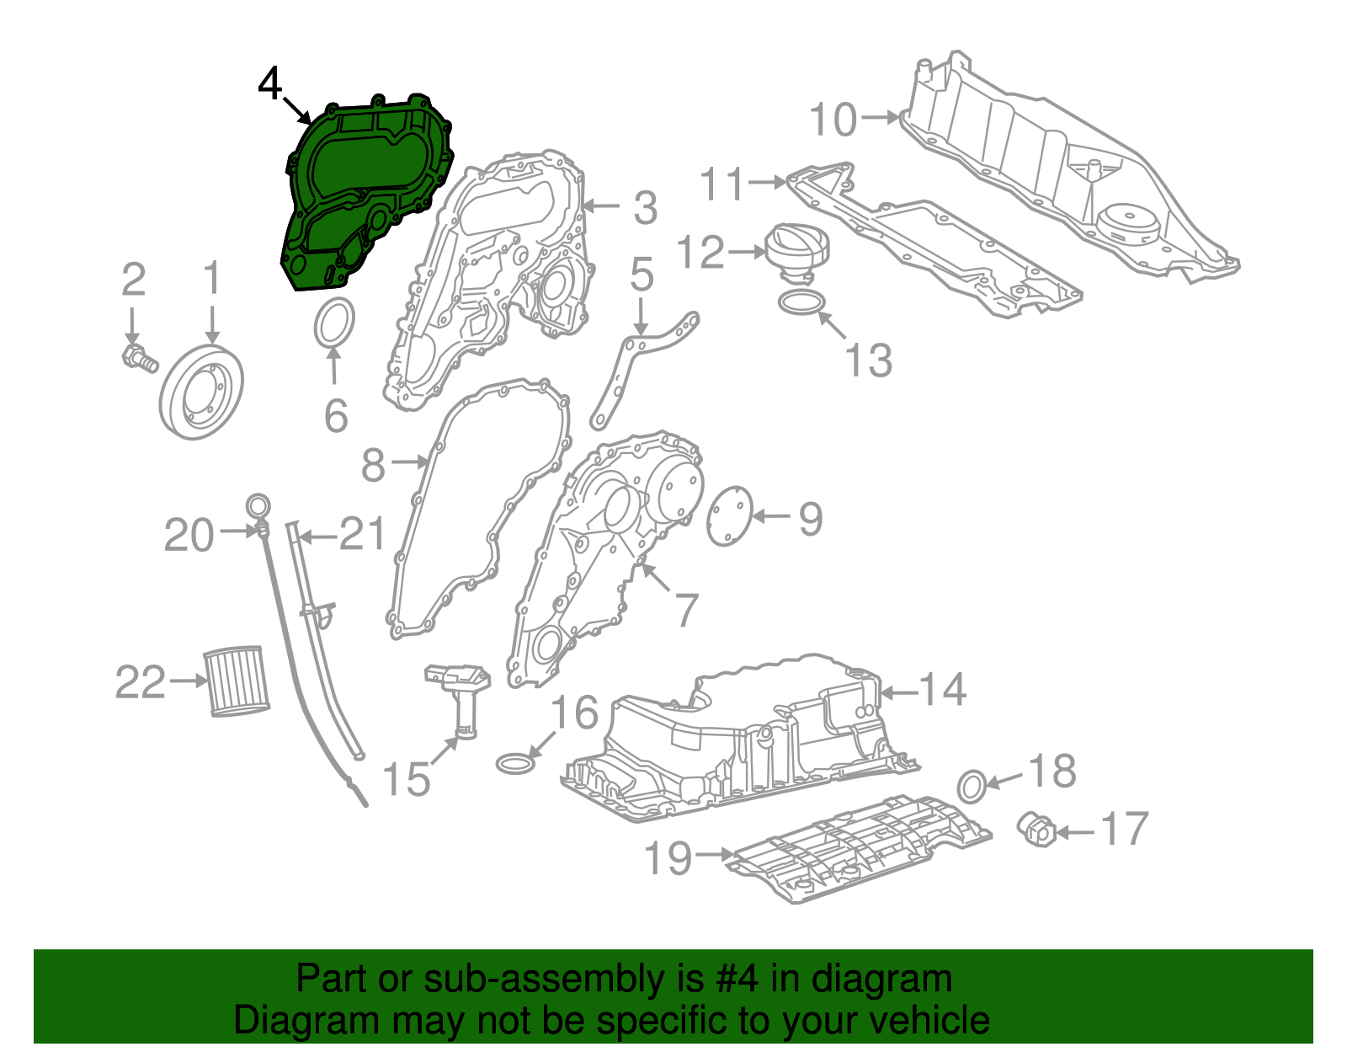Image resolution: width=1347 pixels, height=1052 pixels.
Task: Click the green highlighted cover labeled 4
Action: click(362, 194)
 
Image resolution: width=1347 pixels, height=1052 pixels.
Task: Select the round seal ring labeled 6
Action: click(334, 322)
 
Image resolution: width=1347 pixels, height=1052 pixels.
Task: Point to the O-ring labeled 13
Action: click(801, 302)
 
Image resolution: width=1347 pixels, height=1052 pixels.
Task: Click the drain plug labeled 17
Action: click(1036, 830)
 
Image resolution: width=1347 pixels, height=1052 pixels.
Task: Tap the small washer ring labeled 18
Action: click(971, 785)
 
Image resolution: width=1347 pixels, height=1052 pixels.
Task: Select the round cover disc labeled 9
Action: click(728, 515)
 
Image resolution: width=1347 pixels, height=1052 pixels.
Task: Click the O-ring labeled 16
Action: click(514, 763)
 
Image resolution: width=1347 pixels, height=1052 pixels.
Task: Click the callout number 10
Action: click(833, 120)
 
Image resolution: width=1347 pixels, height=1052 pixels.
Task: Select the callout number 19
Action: click(668, 858)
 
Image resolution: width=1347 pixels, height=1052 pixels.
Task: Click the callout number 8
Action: click(373, 464)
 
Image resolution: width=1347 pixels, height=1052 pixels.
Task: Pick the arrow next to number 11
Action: click(766, 181)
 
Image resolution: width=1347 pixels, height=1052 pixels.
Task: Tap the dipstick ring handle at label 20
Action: click(258, 506)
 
